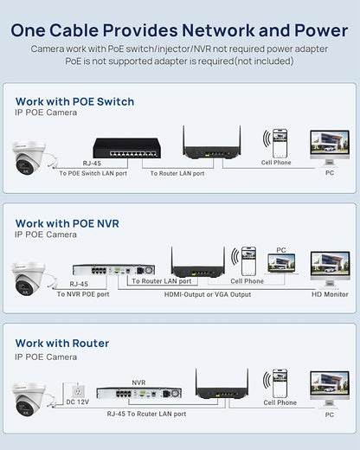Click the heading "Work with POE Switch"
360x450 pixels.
(74, 102)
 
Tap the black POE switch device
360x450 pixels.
(127, 148)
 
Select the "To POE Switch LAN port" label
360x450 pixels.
(93, 173)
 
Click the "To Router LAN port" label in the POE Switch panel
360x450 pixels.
(177, 173)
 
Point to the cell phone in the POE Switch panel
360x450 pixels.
(280, 144)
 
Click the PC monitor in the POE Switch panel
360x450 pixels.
(330, 148)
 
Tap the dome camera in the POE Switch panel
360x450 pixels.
(29, 157)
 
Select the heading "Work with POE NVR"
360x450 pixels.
(67, 223)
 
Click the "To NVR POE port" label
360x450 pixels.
(83, 294)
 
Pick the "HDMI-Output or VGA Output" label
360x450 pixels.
(208, 294)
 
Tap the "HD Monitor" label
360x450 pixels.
(330, 294)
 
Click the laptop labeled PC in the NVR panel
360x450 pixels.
(281, 263)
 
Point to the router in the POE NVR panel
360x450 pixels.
(198, 262)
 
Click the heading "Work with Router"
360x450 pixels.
(62, 344)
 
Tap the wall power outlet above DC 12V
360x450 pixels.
(78, 391)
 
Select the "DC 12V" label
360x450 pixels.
(78, 402)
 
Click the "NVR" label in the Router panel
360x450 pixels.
(138, 382)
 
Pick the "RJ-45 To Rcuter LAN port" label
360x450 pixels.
(146, 414)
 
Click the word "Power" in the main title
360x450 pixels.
(321, 30)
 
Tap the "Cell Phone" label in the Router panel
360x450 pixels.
(280, 402)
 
